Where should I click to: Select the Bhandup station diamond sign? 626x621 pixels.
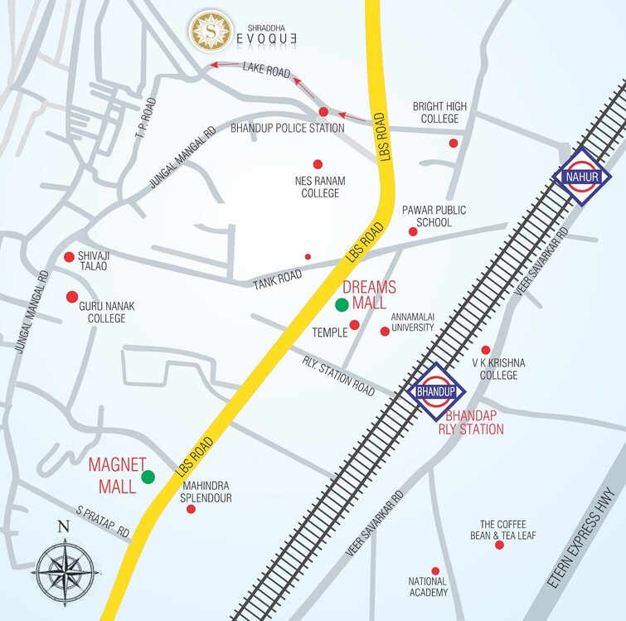coord(437,391)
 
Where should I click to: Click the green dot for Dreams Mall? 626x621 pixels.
coord(342,305)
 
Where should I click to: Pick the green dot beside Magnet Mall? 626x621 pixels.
coord(148,477)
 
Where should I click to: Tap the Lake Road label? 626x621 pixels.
coord(267,72)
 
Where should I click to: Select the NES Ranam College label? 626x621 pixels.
coord(320,187)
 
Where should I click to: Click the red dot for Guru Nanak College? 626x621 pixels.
coord(72,296)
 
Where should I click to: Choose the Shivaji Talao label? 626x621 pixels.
coord(94,261)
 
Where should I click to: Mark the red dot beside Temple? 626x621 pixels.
coord(354,324)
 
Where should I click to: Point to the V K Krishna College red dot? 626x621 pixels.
coord(486,350)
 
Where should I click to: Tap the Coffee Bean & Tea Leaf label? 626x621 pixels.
coord(508,530)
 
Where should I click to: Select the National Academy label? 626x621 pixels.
coord(428,587)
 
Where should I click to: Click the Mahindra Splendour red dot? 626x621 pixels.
coord(191,509)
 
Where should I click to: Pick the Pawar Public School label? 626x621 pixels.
coord(429,216)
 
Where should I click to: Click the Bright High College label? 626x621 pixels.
coord(439,113)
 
